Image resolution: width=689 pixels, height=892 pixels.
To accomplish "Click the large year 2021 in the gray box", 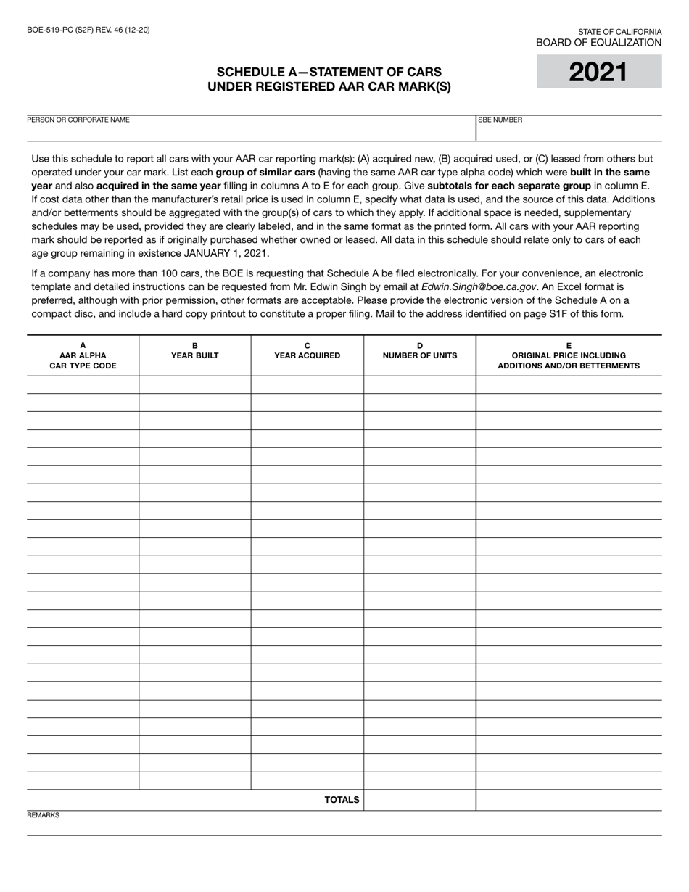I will click(598, 73).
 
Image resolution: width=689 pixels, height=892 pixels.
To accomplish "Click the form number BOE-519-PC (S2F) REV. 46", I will click(88, 30).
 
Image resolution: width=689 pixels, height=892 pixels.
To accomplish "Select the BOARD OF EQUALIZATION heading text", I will click(598, 43).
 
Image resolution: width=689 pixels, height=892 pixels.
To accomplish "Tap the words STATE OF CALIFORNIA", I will click(619, 32).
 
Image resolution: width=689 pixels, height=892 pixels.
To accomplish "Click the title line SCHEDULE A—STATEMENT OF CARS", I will click(329, 72).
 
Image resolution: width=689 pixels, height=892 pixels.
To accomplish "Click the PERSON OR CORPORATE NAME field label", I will click(78, 120).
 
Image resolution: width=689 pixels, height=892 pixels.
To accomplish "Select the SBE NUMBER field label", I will click(500, 120).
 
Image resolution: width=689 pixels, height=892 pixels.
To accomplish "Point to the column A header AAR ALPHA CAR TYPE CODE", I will click(83, 355).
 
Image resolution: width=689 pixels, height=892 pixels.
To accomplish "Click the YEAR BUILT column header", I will click(194, 355).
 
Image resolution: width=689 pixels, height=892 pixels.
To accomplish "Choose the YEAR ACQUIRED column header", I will click(307, 355).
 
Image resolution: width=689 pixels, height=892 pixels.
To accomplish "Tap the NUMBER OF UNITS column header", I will click(419, 355).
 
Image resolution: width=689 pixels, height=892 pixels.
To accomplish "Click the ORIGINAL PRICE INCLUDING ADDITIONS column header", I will click(569, 360).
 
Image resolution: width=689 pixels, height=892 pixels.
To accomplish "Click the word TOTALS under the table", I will click(342, 800).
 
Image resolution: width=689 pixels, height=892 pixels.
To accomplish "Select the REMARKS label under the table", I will click(43, 815).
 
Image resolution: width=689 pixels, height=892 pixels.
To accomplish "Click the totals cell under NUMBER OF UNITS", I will click(419, 800).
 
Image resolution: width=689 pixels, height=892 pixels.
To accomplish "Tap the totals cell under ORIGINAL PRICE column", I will click(569, 800).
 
